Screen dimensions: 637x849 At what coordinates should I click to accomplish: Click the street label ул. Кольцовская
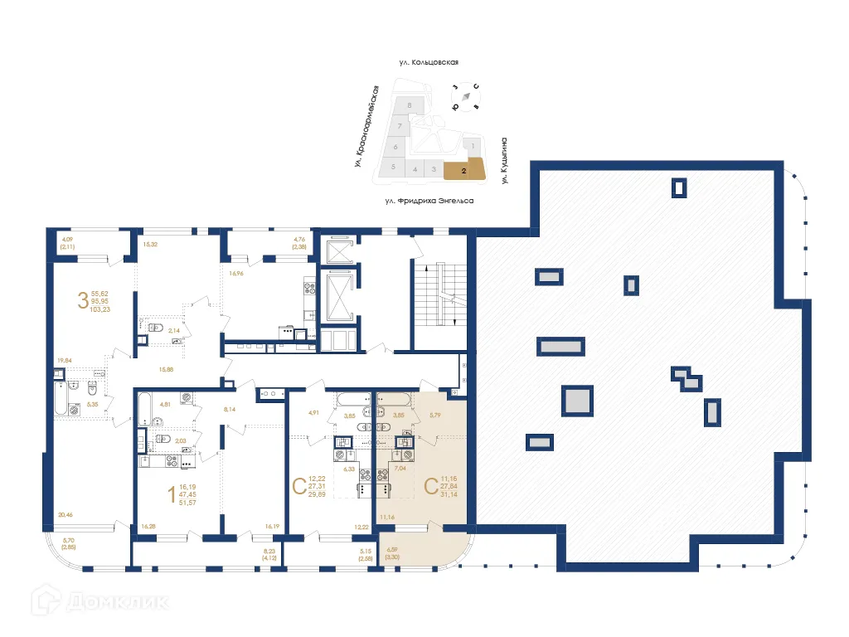pos(429,61)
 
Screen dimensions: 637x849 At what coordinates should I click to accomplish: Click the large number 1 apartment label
pos(172,495)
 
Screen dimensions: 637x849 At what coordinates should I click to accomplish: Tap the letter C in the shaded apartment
pos(430,487)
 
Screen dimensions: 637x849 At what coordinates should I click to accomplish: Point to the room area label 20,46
pos(65,515)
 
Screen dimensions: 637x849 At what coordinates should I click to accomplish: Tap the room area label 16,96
pos(236,274)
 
